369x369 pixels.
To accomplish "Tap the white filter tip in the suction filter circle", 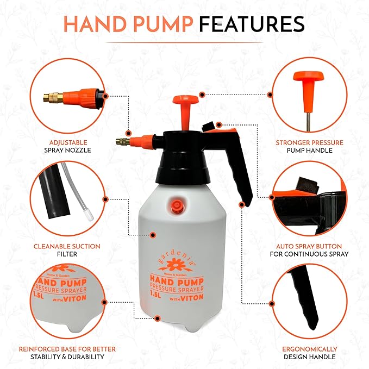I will pos(89,215).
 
